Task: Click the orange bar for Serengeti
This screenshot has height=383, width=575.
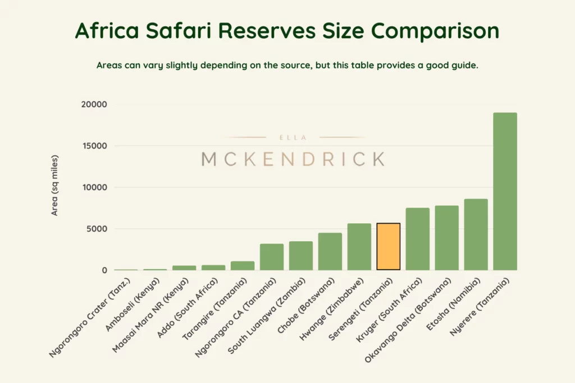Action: click(x=389, y=247)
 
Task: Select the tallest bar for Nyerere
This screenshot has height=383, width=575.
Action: click(x=505, y=191)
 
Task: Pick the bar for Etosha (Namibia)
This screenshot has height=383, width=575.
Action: click(x=476, y=235)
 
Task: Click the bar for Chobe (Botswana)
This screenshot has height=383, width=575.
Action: click(x=330, y=252)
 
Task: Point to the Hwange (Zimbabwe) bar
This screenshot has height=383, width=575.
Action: click(x=359, y=247)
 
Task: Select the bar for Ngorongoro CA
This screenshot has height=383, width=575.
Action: click(x=272, y=257)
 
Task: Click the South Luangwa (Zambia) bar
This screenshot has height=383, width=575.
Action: click(x=301, y=256)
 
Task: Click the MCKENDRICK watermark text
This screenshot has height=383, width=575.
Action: click(x=293, y=159)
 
